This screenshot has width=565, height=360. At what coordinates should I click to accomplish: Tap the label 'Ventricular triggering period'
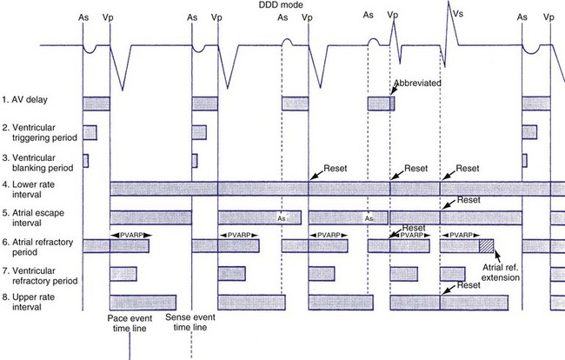point(40,132)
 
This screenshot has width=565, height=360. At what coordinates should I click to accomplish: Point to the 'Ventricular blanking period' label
point(40,161)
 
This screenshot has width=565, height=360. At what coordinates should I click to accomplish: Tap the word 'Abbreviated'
point(418,83)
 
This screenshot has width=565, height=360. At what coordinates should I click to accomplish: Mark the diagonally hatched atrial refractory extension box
point(486,246)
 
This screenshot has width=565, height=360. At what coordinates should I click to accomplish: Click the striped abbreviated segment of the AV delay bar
point(392,103)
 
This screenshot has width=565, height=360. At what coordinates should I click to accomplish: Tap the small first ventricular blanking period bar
point(85,161)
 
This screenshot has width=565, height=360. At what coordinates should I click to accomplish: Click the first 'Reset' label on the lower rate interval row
point(335,165)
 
